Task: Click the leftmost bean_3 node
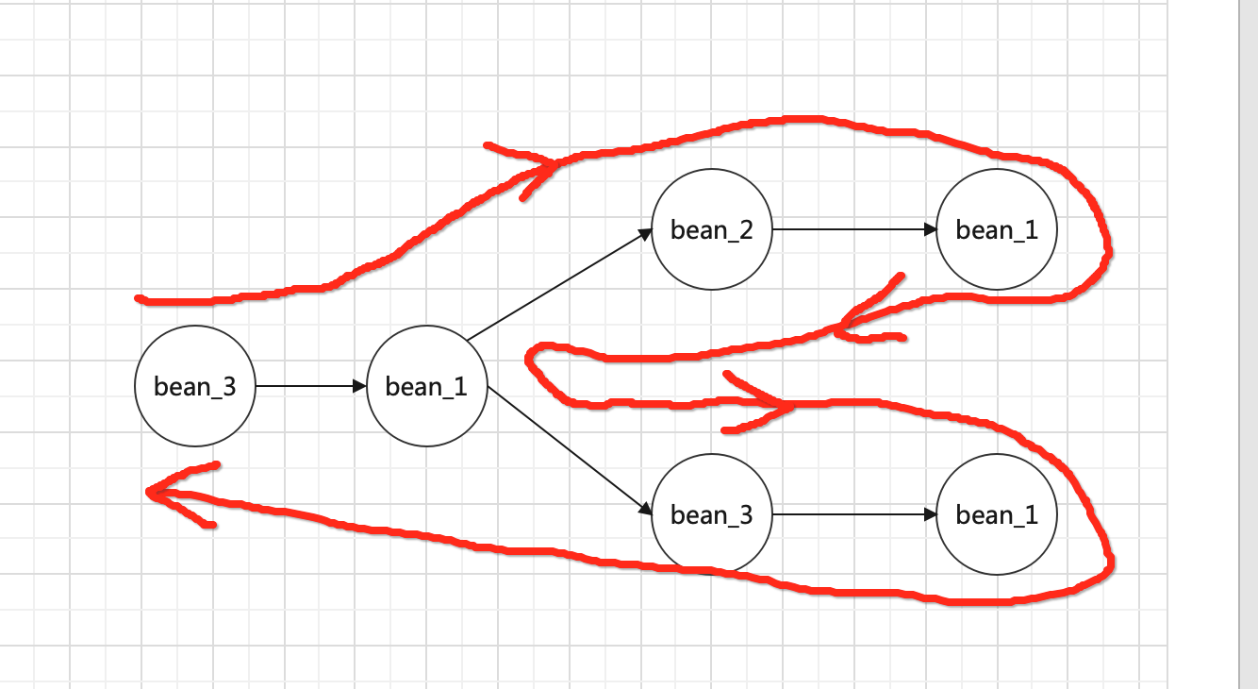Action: tap(195, 386)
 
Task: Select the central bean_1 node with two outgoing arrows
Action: tap(426, 386)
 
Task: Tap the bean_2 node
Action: tap(712, 229)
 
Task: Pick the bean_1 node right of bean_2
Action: tap(997, 229)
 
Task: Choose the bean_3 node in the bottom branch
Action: tap(712, 514)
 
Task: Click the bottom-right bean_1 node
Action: tap(997, 514)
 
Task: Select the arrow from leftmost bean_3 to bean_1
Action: tap(309, 386)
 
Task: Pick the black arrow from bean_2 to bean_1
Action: tap(853, 229)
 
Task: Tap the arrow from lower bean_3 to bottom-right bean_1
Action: tap(853, 514)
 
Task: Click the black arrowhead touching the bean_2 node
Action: tap(647, 232)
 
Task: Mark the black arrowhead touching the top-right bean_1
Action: tap(931, 229)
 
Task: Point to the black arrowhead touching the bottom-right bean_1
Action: tap(931, 514)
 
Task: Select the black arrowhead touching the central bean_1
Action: tap(359, 386)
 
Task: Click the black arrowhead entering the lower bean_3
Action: tap(646, 511)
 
